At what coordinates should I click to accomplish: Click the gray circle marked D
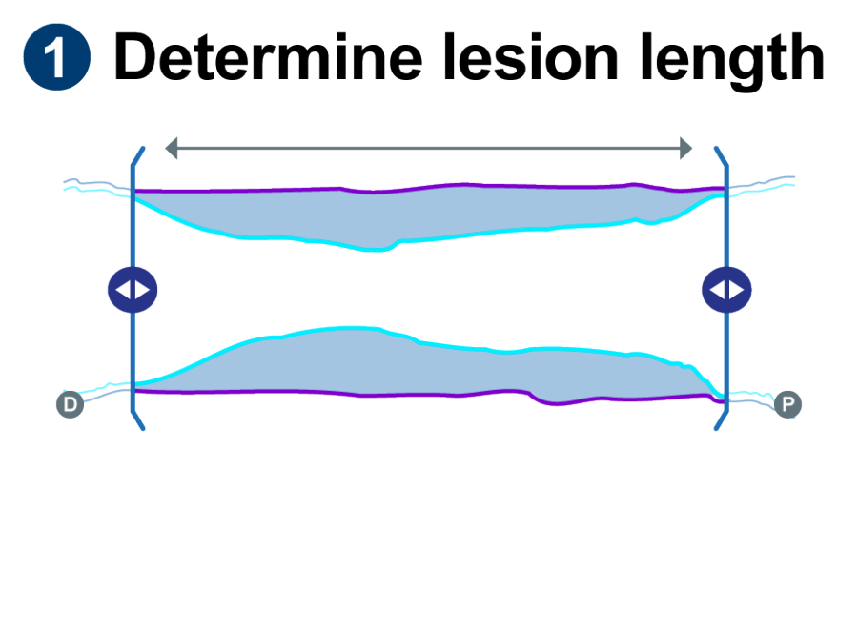coord(70,405)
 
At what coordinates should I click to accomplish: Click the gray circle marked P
coord(788,405)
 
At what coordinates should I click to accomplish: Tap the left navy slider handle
coord(133,290)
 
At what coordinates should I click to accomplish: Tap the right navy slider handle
coord(726,290)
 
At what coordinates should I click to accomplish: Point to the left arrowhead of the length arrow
coord(171,148)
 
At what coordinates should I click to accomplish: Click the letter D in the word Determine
coord(137,59)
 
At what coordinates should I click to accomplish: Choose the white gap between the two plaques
coord(429,286)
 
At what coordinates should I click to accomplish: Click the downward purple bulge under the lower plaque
coord(562,400)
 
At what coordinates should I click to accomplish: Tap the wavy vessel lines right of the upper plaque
coord(763,184)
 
